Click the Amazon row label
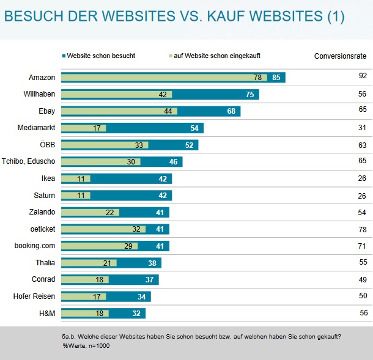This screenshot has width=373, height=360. (x=42, y=78)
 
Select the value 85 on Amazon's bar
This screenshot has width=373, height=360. (x=276, y=78)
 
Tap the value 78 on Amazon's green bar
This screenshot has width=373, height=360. (x=257, y=78)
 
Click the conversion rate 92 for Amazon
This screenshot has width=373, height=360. (x=363, y=75)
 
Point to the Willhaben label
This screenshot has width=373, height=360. (x=39, y=94)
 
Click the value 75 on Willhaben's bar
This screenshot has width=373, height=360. (x=250, y=95)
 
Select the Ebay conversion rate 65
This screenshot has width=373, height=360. (x=363, y=109)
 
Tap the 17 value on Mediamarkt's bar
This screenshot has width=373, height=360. (x=97, y=128)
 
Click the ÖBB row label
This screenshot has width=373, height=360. (x=46, y=145)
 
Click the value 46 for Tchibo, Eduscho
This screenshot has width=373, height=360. (x=173, y=162)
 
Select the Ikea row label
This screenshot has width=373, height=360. (x=48, y=178)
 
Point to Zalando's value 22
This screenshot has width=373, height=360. (x=110, y=212)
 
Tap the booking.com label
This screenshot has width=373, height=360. (x=35, y=246)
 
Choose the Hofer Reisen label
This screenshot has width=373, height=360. (x=34, y=296)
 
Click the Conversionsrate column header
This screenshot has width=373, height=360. (x=340, y=56)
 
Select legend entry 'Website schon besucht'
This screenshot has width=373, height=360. (x=101, y=56)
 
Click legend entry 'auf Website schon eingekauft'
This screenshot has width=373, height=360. (x=217, y=56)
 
